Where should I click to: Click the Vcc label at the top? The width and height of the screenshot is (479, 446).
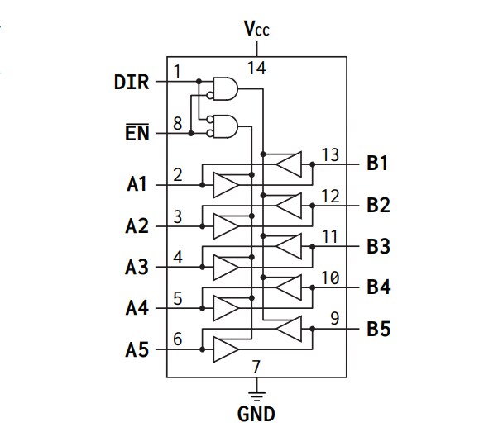pyautogui.click(x=256, y=30)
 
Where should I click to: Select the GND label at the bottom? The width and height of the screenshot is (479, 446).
pyautogui.click(x=256, y=414)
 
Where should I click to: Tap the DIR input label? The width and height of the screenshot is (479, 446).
pyautogui.click(x=132, y=82)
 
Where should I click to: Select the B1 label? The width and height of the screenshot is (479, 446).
pyautogui.click(x=378, y=164)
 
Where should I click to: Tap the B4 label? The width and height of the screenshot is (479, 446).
pyautogui.click(x=378, y=287)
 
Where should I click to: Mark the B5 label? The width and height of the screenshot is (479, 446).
pyautogui.click(x=378, y=329)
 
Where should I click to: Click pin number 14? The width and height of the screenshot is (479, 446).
pyautogui.click(x=256, y=68)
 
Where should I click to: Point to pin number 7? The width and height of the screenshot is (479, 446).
pyautogui.click(x=256, y=366)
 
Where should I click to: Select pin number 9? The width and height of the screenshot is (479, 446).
pyautogui.click(x=334, y=316)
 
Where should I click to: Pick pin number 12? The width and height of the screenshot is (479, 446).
pyautogui.click(x=330, y=196)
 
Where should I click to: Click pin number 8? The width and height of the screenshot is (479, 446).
pyautogui.click(x=177, y=125)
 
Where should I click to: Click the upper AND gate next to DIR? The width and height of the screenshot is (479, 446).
pyautogui.click(x=225, y=87)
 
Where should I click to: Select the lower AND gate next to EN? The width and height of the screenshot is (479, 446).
pyautogui.click(x=225, y=126)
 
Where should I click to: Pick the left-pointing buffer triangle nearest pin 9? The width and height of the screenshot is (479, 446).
pyautogui.click(x=289, y=330)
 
